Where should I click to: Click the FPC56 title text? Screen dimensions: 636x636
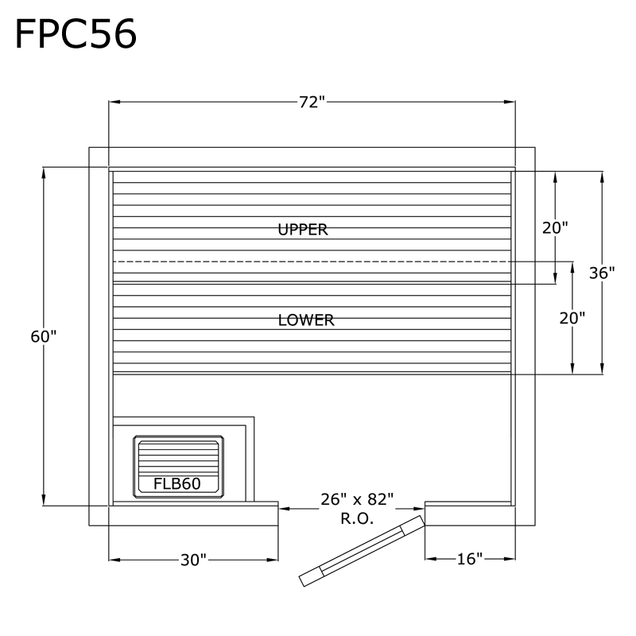(x=76, y=33)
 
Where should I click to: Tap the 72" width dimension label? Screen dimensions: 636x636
(x=312, y=102)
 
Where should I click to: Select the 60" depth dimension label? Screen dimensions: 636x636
(x=44, y=336)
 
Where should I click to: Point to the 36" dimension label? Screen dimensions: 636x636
(x=602, y=273)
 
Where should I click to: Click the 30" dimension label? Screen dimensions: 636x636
(x=193, y=560)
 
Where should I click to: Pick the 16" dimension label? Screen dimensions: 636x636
(x=470, y=560)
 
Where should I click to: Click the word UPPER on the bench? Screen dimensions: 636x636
(x=303, y=230)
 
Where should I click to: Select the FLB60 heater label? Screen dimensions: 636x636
(x=176, y=483)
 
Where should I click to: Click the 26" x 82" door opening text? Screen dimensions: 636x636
(x=357, y=499)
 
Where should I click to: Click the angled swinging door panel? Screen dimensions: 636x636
(x=362, y=550)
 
